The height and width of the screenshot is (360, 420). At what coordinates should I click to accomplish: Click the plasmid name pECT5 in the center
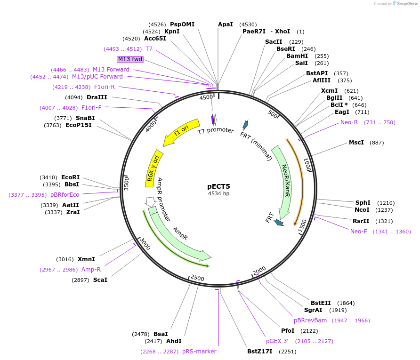pos(218,186)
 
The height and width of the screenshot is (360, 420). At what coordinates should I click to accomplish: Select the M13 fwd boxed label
pos(130,59)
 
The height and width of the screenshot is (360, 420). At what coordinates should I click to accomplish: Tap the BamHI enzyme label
pos(297,56)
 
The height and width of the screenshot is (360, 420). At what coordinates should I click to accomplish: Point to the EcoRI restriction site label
pos(70,177)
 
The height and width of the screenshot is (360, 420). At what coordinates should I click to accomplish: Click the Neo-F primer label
pos(359,231)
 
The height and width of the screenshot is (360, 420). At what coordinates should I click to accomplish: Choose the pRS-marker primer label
pos(199,352)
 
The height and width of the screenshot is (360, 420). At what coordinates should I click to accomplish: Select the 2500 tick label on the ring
pos(197,278)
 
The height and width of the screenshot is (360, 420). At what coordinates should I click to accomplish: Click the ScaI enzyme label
pos(100,280)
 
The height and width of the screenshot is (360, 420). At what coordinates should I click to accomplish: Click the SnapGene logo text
pos(408,4)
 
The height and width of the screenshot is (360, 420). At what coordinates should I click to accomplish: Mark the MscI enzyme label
pos(356,143)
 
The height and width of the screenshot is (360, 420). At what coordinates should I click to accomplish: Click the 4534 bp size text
pos(218,193)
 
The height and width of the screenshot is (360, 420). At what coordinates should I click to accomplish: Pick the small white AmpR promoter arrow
pos(151,201)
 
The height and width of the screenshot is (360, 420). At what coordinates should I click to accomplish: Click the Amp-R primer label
pos(91,270)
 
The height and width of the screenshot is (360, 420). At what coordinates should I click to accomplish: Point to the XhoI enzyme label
pos(283,32)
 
